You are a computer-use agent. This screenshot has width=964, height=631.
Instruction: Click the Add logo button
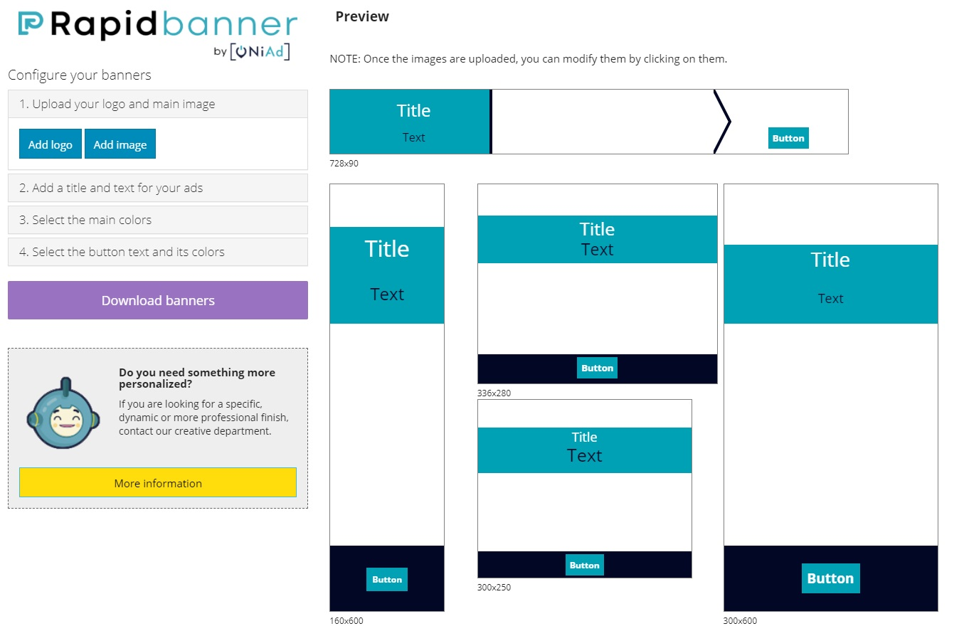click(x=51, y=144)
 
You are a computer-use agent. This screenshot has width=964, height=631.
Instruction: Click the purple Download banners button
click(x=158, y=300)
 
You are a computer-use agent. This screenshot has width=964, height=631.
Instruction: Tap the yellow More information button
click(x=158, y=483)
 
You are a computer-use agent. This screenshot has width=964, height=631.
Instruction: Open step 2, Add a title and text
click(x=158, y=189)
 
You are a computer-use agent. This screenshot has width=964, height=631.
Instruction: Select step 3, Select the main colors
click(x=158, y=220)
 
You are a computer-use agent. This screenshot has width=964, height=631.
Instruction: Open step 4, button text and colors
click(x=158, y=252)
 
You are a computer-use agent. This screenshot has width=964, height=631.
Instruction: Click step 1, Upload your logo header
click(x=158, y=104)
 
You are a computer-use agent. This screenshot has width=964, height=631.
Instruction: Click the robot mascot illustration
click(x=63, y=415)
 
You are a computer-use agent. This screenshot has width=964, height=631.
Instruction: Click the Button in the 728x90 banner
click(x=788, y=138)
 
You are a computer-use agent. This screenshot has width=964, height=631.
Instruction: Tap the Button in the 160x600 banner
click(x=387, y=579)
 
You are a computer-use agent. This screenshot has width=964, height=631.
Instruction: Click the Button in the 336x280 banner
click(x=597, y=368)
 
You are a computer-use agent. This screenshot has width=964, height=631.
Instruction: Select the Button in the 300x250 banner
click(x=584, y=565)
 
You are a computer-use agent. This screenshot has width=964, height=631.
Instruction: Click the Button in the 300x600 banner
click(x=830, y=578)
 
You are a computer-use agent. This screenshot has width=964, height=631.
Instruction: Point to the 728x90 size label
click(x=344, y=164)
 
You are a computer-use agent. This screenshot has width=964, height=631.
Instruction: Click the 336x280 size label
click(x=494, y=393)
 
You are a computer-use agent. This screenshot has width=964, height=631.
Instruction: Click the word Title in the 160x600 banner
click(x=387, y=248)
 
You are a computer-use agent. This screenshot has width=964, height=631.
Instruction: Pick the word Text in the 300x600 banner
click(x=830, y=299)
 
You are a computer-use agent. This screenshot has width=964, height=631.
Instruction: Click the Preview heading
click(x=362, y=16)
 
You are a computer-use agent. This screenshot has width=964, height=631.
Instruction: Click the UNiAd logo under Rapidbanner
click(x=260, y=51)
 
